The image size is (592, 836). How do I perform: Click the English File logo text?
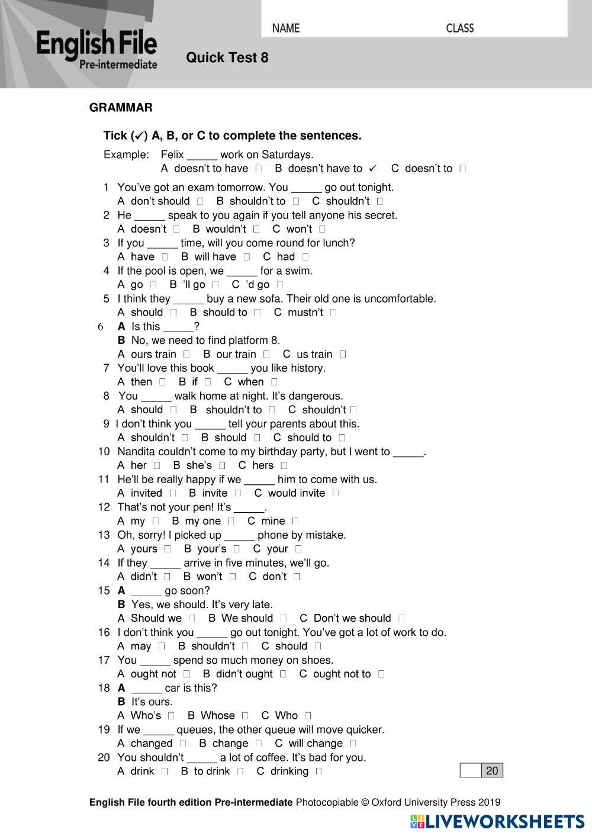click(96, 44)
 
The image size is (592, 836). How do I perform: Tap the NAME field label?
click(286, 28)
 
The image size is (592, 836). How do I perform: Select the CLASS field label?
click(459, 28)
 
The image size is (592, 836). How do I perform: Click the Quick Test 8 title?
click(227, 57)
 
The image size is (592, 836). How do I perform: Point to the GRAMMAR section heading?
click(121, 108)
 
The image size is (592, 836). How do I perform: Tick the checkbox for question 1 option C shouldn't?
click(380, 201)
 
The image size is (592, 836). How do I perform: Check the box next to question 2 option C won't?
click(322, 229)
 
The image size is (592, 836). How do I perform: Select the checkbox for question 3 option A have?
click(165, 257)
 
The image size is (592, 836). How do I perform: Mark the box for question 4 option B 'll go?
click(215, 285)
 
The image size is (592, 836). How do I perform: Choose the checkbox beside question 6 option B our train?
click(266, 354)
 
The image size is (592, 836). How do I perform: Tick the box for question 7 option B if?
click(208, 382)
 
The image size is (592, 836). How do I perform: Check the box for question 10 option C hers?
click(284, 465)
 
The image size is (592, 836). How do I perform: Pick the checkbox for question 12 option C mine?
click(295, 521)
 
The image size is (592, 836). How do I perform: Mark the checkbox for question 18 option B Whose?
click(245, 715)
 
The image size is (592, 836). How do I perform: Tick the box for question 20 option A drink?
click(165, 771)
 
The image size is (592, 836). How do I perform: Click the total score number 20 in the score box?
click(492, 770)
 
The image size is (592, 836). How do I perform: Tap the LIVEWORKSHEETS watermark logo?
click(497, 821)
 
